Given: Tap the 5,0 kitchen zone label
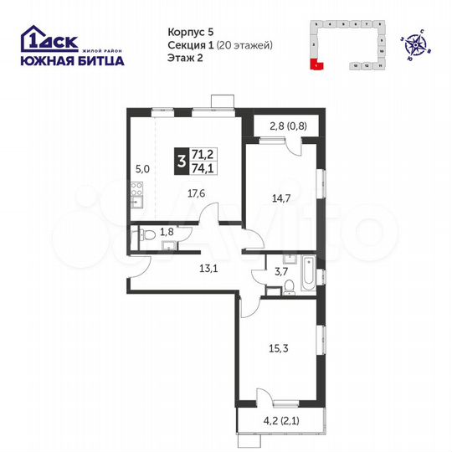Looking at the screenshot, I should click(x=143, y=168).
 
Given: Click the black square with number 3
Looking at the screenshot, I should click(x=182, y=160).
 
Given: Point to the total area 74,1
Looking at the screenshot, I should click(x=202, y=167).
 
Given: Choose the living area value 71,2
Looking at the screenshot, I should click(x=202, y=153).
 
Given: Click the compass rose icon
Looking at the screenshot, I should click(x=415, y=39).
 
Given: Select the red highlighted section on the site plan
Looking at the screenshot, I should click(x=316, y=64).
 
